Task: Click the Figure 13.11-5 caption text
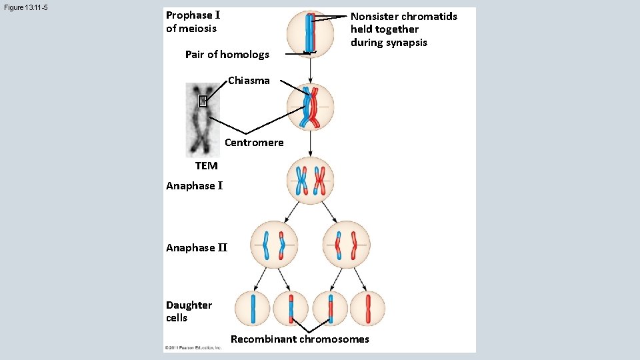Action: tap(25, 8)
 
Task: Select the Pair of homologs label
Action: tap(227, 55)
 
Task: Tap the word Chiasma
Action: tap(249, 81)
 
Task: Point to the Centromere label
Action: tap(254, 143)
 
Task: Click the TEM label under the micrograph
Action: tap(206, 166)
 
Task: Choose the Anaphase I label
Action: tap(194, 186)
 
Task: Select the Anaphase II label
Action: tap(197, 248)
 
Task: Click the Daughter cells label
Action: tap(189, 311)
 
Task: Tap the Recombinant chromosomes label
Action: tap(299, 339)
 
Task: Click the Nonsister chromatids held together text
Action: tap(403, 29)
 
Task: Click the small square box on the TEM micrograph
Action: tap(203, 101)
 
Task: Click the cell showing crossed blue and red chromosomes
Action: tap(310, 107)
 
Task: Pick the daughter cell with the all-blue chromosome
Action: tap(253, 309)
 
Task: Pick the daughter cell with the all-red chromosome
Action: tap(367, 309)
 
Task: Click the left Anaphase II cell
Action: tap(274, 245)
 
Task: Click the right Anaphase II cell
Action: tap(346, 245)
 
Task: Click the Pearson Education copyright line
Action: tap(193, 348)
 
